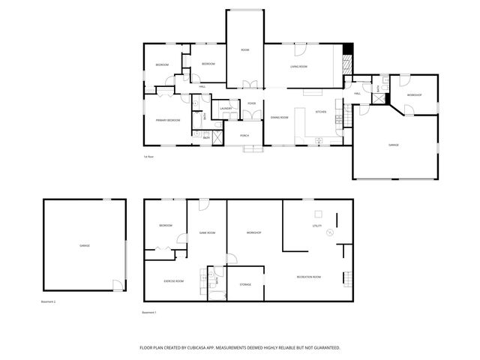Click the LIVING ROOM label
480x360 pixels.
(x=300, y=67)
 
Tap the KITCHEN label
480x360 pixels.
(x=320, y=112)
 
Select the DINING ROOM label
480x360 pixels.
(x=280, y=117)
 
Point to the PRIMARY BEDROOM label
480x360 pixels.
(x=167, y=120)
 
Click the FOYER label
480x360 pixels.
(x=251, y=103)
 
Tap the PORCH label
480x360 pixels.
(x=244, y=135)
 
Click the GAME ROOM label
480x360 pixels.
(x=207, y=232)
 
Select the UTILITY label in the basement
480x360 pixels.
(x=316, y=226)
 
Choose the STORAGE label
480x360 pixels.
(x=245, y=285)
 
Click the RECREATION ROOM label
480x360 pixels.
(x=308, y=277)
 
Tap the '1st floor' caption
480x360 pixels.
(x=148, y=157)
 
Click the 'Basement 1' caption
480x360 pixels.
(x=148, y=312)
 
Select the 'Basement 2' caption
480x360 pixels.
(x=49, y=302)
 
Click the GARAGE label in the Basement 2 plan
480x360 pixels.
(x=84, y=246)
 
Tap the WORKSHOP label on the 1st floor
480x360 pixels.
(x=415, y=95)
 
